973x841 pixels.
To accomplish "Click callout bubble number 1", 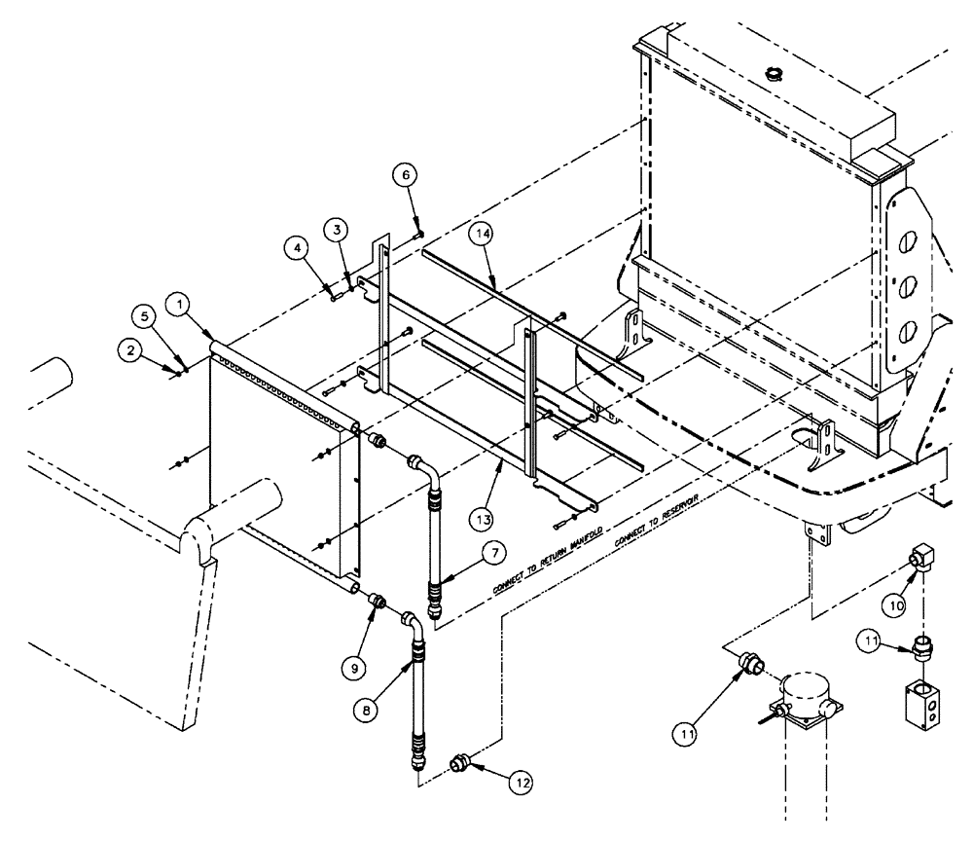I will tap(179, 304).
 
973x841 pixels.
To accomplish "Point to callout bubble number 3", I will tap(336, 230).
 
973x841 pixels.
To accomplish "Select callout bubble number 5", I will tap(141, 315).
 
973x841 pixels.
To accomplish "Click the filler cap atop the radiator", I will tap(775, 73).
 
